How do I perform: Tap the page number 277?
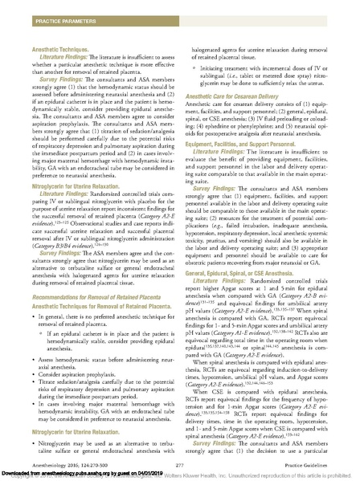[180, 459]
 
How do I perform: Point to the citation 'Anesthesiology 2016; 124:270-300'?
[63, 459]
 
